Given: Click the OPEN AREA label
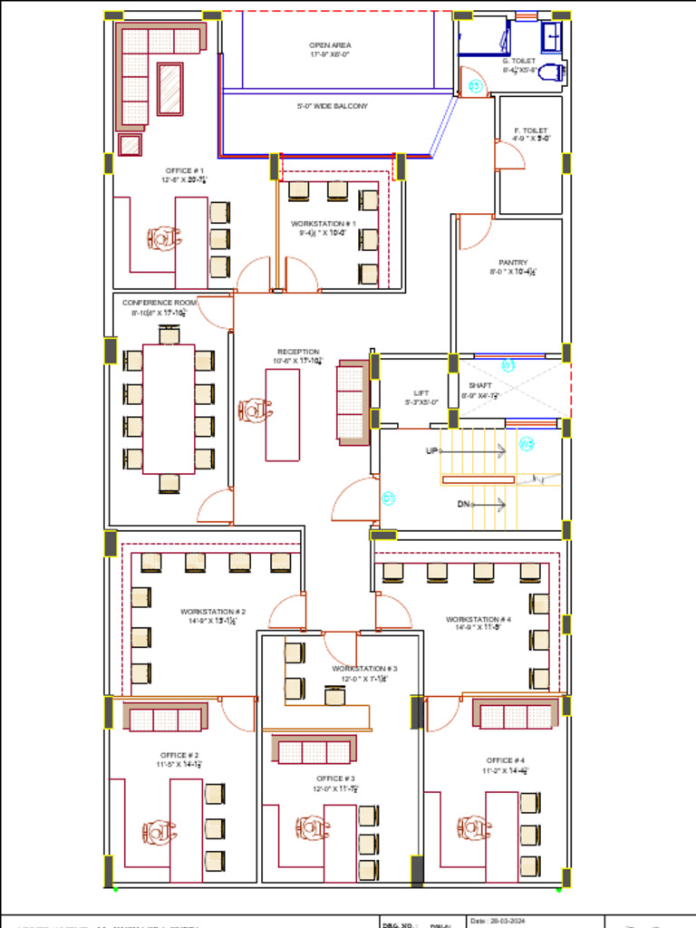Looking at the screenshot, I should [330, 44].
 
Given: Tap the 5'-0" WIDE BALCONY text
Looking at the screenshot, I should [332, 106].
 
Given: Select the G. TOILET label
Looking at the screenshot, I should [519, 61].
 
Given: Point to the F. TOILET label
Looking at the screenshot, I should [530, 130].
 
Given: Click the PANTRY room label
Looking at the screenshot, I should [513, 263].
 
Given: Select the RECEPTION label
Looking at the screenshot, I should [298, 352].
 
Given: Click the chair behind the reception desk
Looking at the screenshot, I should [255, 411].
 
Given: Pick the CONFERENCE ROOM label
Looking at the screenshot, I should [159, 303].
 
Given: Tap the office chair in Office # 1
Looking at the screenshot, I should [163, 238].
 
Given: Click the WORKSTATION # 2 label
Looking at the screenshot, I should [213, 612].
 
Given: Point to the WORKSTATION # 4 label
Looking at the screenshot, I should [478, 620].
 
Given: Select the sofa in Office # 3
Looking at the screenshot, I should [314, 750].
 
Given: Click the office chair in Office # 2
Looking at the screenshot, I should [159, 832].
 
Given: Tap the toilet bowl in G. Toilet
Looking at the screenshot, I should [552, 72].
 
